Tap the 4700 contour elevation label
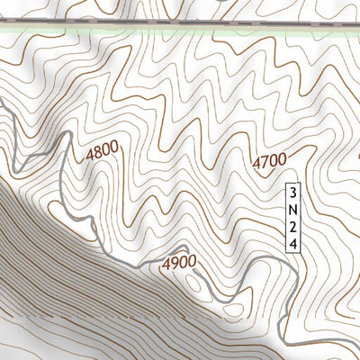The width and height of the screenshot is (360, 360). click(x=269, y=162)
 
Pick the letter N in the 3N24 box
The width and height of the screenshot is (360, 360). click(x=292, y=209)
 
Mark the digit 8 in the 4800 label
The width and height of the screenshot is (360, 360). click(x=97, y=155)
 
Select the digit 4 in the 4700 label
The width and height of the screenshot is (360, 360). click(x=256, y=162)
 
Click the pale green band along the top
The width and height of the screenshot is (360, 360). click(x=180, y=30)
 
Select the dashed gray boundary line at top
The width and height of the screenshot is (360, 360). click(x=180, y=22)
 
